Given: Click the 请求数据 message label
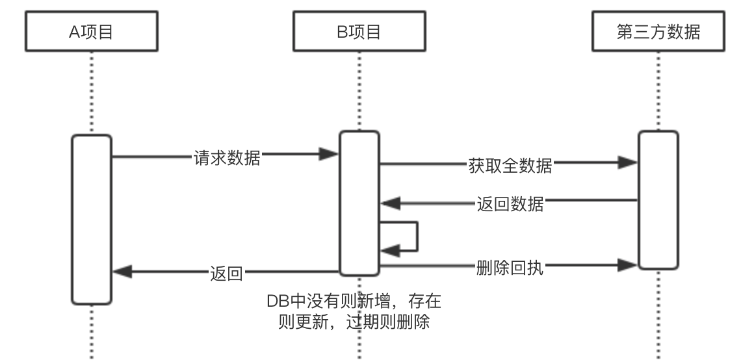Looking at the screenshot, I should (x=227, y=157).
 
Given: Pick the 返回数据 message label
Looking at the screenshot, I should (x=510, y=206).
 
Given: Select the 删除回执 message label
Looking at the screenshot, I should (x=510, y=267).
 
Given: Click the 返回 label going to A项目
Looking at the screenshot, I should (x=226, y=274).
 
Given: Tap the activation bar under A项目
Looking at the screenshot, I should (x=91, y=219).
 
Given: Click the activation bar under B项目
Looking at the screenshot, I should (x=359, y=202).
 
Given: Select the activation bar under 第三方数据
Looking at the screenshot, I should (x=658, y=199).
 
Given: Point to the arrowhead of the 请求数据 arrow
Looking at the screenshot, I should (x=330, y=154).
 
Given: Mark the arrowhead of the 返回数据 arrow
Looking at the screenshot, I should (x=389, y=204).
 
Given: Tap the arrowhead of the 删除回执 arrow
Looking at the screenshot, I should (x=628, y=264).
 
